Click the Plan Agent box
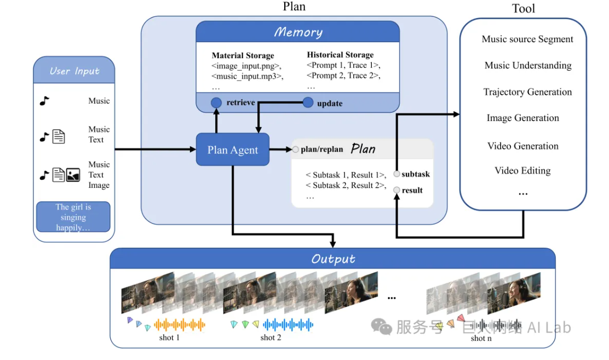233,150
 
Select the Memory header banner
298,32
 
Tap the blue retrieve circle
216,102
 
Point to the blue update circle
308,102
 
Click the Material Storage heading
243,55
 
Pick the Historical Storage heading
340,55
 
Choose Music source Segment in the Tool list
527,39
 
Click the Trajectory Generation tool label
527,92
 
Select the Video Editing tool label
522,170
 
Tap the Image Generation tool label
523,118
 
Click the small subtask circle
397,174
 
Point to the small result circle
397,190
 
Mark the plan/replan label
321,149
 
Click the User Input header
74,71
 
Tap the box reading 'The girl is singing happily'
73,217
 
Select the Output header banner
333,259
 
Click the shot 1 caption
169,338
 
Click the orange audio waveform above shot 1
180,325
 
